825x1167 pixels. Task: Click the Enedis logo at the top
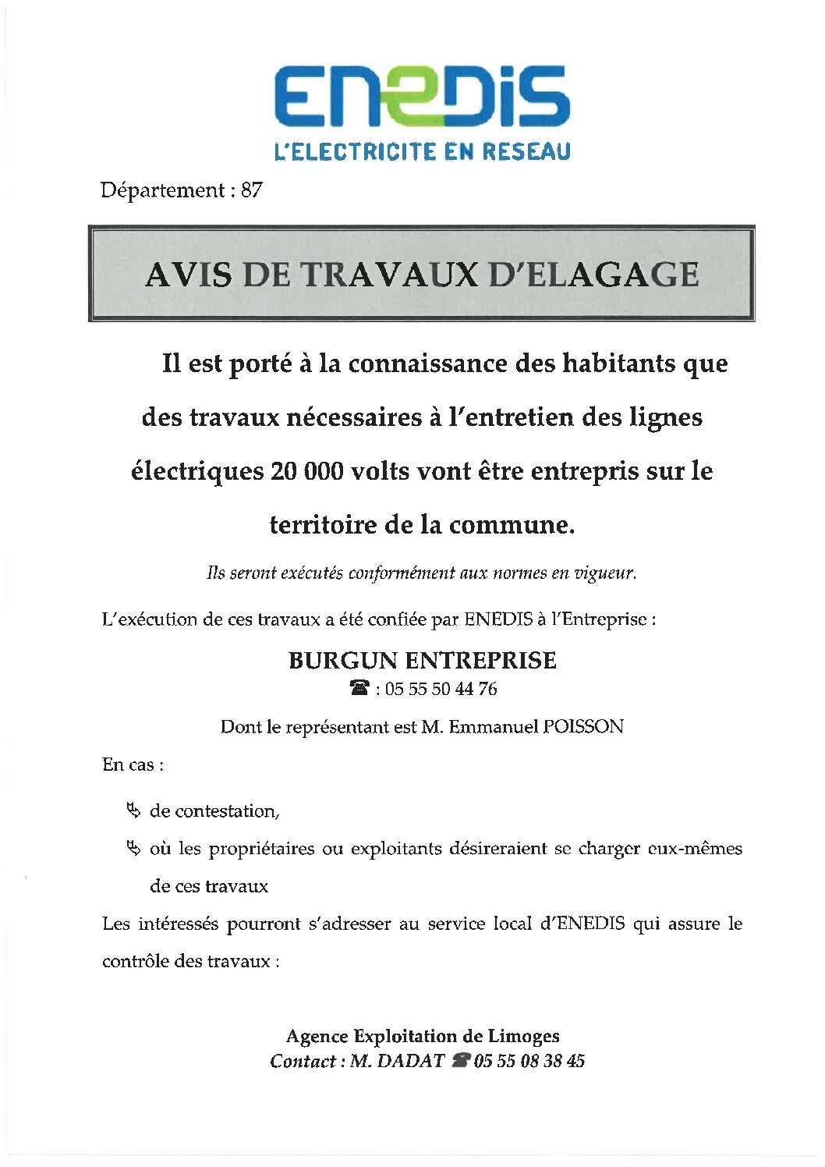(x=422, y=97)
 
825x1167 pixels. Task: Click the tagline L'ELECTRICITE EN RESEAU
(x=422, y=151)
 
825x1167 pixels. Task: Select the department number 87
(x=251, y=190)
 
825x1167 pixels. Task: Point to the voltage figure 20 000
(x=306, y=471)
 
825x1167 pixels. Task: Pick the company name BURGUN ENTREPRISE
(x=422, y=661)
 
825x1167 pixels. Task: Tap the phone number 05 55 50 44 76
(x=441, y=689)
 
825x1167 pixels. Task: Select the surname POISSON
(x=583, y=727)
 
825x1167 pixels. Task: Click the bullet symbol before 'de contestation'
(x=133, y=811)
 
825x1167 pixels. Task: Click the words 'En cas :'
(x=133, y=764)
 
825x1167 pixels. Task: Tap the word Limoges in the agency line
(x=523, y=1037)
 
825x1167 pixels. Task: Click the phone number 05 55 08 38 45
(x=529, y=1062)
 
